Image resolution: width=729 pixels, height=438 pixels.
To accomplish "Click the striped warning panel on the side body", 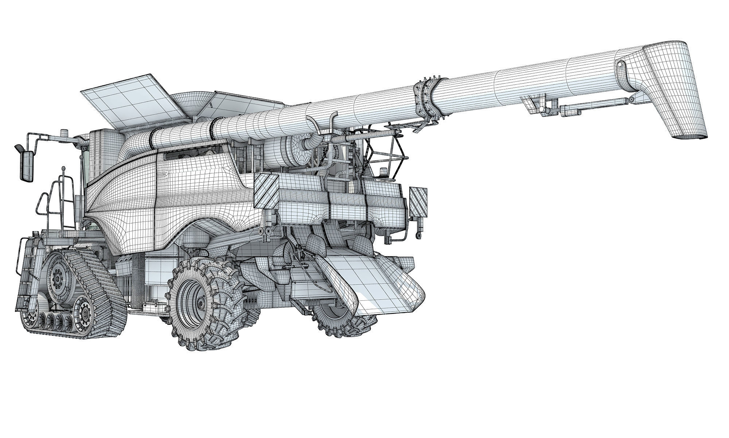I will point(266,190).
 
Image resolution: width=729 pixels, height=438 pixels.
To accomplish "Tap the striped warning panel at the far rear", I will point(418,201).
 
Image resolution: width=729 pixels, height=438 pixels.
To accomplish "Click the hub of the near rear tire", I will point(200,302).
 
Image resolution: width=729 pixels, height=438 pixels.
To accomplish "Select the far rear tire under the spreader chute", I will point(344,321).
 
